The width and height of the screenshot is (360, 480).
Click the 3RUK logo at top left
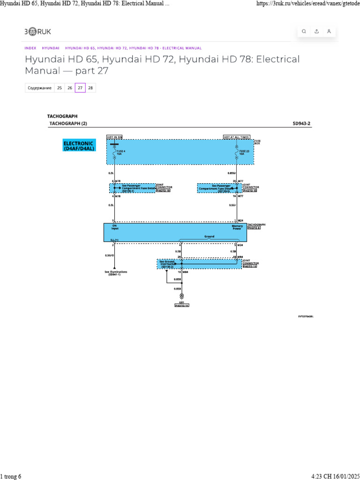pyautogui.click(x=38, y=31)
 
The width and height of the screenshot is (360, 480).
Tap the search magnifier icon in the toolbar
pyautogui.click(x=304, y=31)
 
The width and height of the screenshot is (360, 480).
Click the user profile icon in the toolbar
pyautogui.click(x=329, y=31)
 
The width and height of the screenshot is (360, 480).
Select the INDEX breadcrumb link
pyautogui.click(x=30, y=48)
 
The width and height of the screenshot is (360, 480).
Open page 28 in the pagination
pyautogui.click(x=90, y=88)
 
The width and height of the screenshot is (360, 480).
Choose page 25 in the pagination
pyautogui.click(x=59, y=88)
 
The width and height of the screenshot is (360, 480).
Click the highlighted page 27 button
pyautogui.click(x=80, y=88)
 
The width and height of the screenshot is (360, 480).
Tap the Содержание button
pyautogui.click(x=39, y=88)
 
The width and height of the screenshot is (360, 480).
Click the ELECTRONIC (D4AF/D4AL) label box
pyautogui.click(x=79, y=145)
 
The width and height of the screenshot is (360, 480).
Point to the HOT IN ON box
pyautogui.click(x=114, y=137)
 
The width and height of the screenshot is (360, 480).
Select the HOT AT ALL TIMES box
pyautogui.click(x=236, y=137)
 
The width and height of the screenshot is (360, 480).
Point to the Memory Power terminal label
pyautogui.click(x=237, y=227)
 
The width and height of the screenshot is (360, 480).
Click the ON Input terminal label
pyautogui.click(x=115, y=227)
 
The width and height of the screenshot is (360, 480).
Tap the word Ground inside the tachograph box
pyautogui.click(x=209, y=237)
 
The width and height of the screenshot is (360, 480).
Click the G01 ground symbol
pyautogui.click(x=181, y=296)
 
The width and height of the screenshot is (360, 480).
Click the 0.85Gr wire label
pyautogui.click(x=232, y=173)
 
